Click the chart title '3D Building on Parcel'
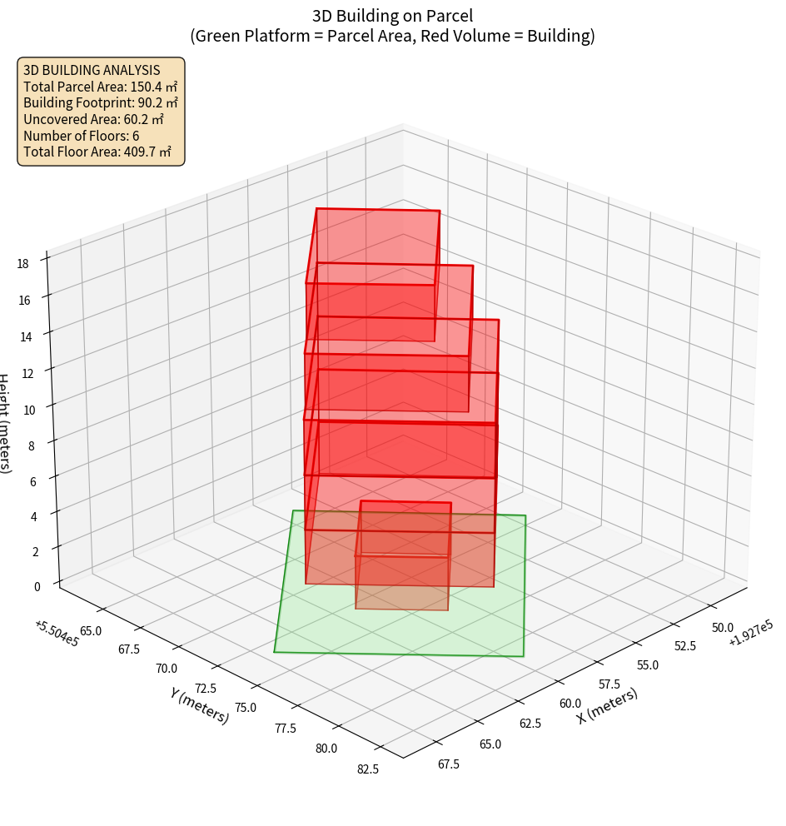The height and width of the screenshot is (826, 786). (x=393, y=15)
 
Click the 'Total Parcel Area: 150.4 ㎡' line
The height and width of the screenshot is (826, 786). (x=100, y=86)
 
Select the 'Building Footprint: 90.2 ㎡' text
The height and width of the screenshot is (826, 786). (x=101, y=102)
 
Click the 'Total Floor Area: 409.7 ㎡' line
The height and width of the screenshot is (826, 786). (x=97, y=152)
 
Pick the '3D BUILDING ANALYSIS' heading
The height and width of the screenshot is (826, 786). (x=92, y=70)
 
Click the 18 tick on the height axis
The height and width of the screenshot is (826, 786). (x=22, y=263)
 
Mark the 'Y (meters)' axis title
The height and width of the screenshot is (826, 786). (x=200, y=704)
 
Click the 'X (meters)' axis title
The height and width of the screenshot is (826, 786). (x=607, y=705)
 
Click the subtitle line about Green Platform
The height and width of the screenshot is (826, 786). (x=393, y=36)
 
